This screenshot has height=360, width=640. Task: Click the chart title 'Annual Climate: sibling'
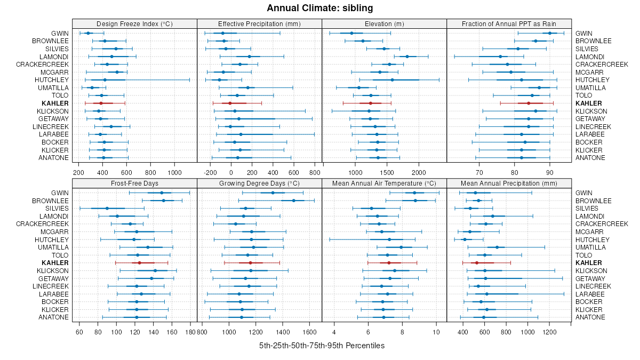coord(320,8)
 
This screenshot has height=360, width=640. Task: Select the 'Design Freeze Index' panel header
coord(134,23)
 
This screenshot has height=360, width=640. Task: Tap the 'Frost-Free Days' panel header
coord(134,183)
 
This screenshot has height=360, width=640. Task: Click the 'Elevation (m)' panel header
coord(384,23)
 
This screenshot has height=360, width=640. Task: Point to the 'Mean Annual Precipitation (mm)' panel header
coord(509,183)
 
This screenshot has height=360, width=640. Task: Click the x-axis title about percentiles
coord(322,346)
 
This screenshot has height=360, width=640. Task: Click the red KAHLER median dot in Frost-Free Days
coord(139,263)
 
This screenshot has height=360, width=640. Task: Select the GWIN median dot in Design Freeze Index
coord(89,33)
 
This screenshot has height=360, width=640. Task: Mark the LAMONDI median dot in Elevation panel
coord(407,57)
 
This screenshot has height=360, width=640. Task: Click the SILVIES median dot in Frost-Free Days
coord(107,209)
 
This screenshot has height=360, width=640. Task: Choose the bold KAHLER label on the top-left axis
coord(58,103)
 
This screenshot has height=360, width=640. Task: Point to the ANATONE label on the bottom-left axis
coord(53,317)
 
